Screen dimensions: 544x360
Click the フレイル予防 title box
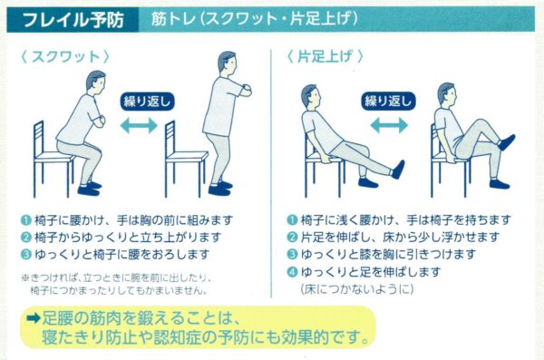pyautogui.click(x=73, y=20)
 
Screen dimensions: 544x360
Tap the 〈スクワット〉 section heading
pyautogui.click(x=65, y=56)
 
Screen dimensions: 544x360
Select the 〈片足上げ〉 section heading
pyautogui.click(x=325, y=56)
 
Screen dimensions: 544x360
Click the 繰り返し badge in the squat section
pyautogui.click(x=147, y=102)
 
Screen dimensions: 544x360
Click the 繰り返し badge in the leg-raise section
pyautogui.click(x=388, y=101)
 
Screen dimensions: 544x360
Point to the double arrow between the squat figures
pyautogui.click(x=139, y=125)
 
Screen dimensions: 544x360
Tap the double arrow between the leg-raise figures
pyautogui.click(x=389, y=125)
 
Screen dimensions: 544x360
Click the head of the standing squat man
pyautogui.click(x=228, y=63)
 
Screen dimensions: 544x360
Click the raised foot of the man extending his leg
pyautogui.click(x=398, y=170)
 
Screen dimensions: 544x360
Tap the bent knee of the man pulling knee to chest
pyautogui.click(x=481, y=124)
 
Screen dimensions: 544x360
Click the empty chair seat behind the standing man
pyautogui.click(x=187, y=156)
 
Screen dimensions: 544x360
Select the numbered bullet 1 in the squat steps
pyautogui.click(x=26, y=220)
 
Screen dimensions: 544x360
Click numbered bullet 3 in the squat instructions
pyautogui.click(x=26, y=255)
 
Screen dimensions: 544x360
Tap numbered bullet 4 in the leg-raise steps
pyautogui.click(x=293, y=272)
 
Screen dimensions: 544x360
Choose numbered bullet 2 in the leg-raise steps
pyautogui.click(x=293, y=237)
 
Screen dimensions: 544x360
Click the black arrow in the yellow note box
pyautogui.click(x=34, y=318)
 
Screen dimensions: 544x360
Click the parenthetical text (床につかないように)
pyautogui.click(x=357, y=289)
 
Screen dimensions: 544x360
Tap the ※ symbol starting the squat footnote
pyautogui.click(x=25, y=277)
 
